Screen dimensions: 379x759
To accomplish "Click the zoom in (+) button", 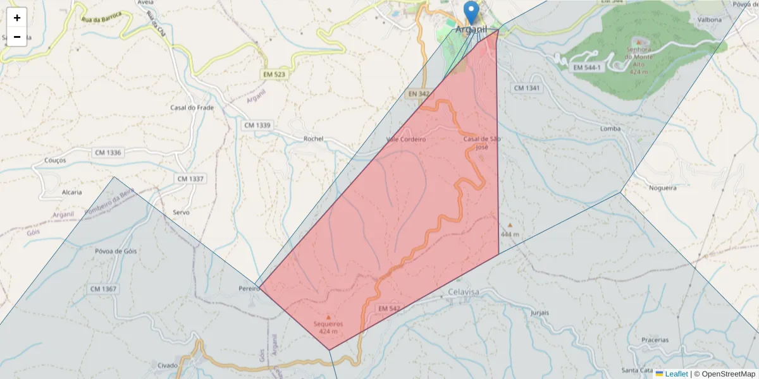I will coord(17,18).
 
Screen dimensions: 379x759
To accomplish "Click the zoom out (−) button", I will coord(17,37).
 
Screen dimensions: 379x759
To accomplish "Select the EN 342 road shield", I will coord(419,94).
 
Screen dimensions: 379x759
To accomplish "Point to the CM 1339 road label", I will coord(257,125).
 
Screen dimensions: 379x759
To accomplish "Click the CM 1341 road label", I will coord(527,88).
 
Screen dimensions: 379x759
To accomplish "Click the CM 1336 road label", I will coord(108,153).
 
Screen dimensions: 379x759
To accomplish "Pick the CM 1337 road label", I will coord(190,179).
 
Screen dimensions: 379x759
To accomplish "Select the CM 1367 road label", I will coord(104,289).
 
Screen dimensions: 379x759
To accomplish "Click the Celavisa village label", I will coord(464,292).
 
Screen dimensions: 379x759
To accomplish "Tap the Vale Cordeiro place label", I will coord(405,139).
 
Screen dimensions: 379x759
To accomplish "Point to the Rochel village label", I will coord(313,138).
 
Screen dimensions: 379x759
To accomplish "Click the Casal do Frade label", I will coord(192,107).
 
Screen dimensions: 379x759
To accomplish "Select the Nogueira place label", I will coord(662,188).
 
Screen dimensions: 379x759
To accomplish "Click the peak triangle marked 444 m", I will coord(510,225).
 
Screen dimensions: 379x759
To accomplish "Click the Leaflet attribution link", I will coord(676,374).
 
